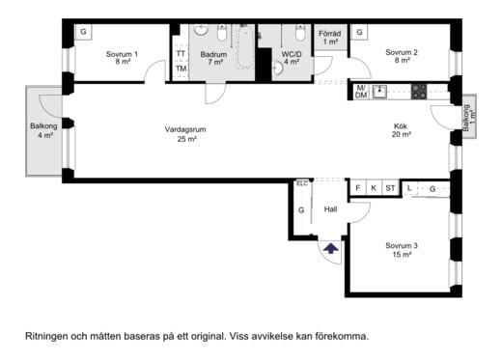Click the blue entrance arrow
tap(331, 248)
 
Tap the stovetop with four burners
tap(419, 92)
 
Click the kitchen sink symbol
tap(379, 92)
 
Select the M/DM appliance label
tap(361, 92)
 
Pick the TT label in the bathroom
tap(181, 53)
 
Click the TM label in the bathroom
tap(181, 69)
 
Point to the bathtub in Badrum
tap(245, 47)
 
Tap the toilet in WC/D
tap(300, 33)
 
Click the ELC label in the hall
tap(302, 183)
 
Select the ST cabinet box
tap(390, 188)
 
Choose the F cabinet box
tap(358, 188)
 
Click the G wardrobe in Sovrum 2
tap(359, 32)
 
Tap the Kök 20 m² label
tap(401, 130)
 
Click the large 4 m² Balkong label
tap(43, 130)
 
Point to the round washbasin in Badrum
tap(201, 30)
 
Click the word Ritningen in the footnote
tap(46, 337)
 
